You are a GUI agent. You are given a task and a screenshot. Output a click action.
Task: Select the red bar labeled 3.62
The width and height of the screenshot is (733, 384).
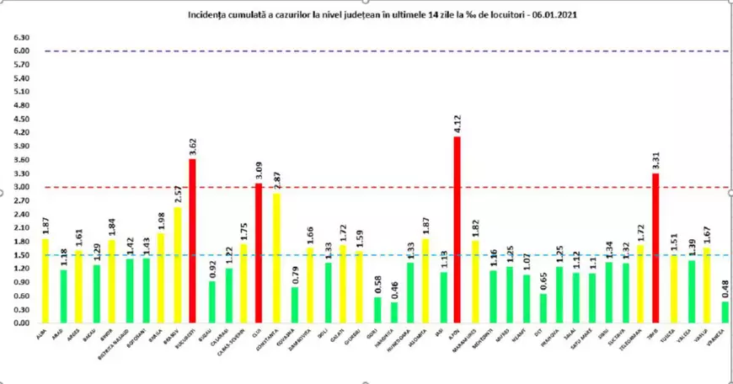point(193,241)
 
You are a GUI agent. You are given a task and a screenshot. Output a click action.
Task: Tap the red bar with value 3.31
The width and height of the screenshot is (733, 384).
point(655,248)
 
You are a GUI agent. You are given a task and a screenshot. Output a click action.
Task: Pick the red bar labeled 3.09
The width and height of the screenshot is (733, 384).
point(259,253)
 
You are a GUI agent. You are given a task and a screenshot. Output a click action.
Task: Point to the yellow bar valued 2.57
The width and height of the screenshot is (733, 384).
point(177,265)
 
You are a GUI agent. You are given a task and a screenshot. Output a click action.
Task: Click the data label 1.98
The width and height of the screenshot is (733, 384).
point(160,221)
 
